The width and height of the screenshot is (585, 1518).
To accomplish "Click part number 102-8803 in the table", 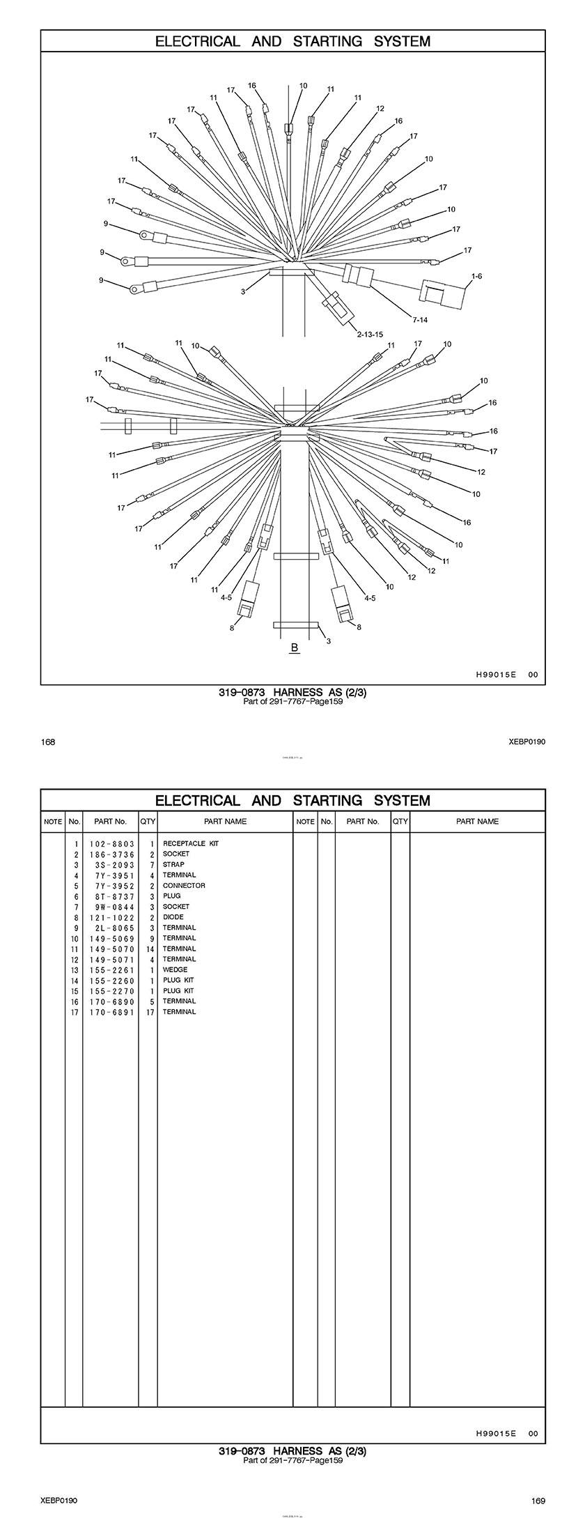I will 111,843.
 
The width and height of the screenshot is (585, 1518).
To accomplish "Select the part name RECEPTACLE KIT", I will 190,843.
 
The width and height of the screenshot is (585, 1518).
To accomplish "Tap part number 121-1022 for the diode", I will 111,917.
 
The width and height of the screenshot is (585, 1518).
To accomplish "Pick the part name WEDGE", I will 175,969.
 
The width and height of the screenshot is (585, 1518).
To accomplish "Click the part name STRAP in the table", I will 173,864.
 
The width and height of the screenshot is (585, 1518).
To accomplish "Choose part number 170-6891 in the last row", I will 111,1011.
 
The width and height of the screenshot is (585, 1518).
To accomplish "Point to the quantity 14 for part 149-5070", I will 150,949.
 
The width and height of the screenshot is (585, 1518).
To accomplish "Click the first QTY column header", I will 148,821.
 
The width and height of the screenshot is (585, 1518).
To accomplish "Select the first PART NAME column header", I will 225,821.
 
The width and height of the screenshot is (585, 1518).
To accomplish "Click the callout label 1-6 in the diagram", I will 476,277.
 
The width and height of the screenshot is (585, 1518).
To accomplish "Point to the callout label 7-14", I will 419,320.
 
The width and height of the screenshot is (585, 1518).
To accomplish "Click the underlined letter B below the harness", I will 294,648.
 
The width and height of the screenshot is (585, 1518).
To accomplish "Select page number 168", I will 48,742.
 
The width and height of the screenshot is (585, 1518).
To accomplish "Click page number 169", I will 538,1501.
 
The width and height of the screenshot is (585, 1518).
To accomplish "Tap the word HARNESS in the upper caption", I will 297,692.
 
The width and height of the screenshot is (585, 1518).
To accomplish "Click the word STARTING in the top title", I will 327,41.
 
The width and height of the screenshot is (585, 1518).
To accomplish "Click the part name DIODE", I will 173,917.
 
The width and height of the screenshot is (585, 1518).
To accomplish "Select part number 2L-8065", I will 111,928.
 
